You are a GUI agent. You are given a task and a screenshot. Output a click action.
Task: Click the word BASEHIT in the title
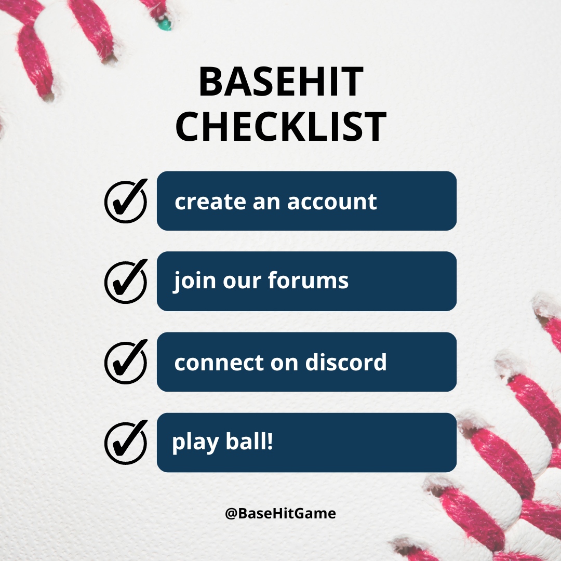click(x=280, y=83)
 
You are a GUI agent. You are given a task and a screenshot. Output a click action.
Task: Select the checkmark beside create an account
click(x=126, y=202)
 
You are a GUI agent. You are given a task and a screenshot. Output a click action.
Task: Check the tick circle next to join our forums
click(x=126, y=282)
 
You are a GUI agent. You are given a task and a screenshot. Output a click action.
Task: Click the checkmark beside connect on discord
click(x=126, y=362)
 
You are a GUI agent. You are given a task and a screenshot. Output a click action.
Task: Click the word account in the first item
click(x=332, y=202)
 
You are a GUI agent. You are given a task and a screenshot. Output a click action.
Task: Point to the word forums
click(x=308, y=281)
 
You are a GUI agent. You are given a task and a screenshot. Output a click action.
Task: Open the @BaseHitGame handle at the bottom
click(x=280, y=514)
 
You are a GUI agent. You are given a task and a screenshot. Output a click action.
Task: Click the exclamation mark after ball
click(x=269, y=442)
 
